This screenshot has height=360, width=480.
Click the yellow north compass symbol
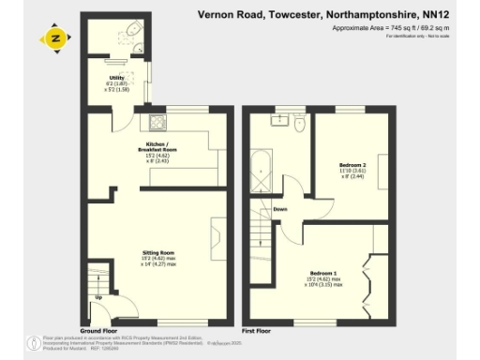[56, 38]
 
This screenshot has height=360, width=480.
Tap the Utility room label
[117, 80]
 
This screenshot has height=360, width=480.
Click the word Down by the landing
[279, 209]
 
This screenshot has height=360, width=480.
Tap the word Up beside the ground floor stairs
[99, 299]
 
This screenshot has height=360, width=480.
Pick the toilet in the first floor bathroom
[300, 121]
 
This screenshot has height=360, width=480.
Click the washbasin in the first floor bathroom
[279, 119]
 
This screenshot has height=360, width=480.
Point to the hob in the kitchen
[155, 121]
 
